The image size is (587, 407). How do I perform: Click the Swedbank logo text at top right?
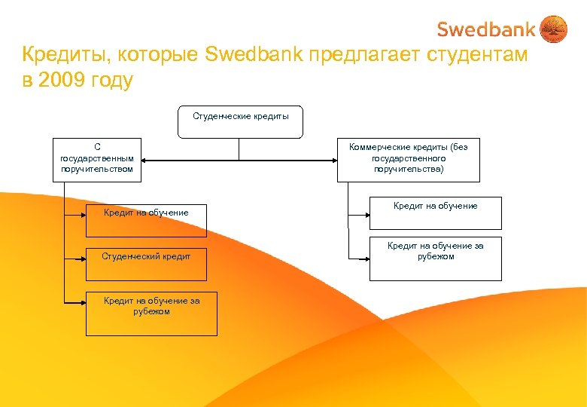[486, 29]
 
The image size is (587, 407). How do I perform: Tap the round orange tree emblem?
[554, 29]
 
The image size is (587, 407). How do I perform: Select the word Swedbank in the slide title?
[263, 55]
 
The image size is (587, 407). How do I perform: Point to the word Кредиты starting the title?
[60, 55]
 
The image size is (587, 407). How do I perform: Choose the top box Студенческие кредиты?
[240, 121]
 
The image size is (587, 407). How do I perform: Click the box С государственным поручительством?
[97, 159]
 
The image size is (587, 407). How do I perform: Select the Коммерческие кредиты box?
[408, 159]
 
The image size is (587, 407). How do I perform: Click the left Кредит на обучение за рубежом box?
[151, 314]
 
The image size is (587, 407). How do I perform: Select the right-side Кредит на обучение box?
[435, 213]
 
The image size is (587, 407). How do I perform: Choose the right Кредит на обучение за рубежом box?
[435, 259]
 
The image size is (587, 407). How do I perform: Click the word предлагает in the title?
[365, 55]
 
